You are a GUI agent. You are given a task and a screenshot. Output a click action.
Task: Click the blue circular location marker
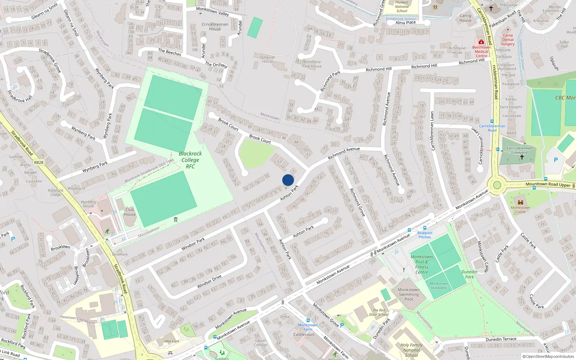click(x=288, y=180)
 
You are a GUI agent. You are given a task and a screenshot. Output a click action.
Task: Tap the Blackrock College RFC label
click(x=190, y=160)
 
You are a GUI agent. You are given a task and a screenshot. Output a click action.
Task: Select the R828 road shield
click(x=39, y=162)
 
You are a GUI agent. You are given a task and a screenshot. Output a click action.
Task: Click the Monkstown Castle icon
click(x=520, y=202)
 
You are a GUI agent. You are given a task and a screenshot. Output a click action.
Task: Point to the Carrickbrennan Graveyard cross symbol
click(x=522, y=157)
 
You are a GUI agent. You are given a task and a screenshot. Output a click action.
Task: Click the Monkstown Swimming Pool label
click(x=409, y=294)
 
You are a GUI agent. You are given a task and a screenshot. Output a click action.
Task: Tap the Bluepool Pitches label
click(x=425, y=235)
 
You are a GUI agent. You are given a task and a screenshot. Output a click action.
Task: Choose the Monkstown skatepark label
click(x=438, y=285)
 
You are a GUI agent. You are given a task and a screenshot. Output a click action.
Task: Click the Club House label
click(x=130, y=212)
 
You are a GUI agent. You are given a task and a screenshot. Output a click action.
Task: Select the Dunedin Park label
click(x=469, y=274)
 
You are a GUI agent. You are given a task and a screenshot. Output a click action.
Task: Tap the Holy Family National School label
click(x=411, y=350)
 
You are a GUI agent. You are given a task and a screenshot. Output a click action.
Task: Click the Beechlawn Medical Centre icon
click(x=481, y=42)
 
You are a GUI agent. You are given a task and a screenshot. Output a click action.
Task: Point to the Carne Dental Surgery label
click(x=508, y=40)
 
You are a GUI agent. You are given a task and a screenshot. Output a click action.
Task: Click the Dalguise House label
click(x=267, y=59)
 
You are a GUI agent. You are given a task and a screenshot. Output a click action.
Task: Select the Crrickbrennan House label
click(x=215, y=27)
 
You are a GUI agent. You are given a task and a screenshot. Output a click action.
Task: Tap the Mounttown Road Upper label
click(x=548, y=184)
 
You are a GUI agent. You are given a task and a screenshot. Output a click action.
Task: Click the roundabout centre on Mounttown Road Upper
click(x=497, y=185)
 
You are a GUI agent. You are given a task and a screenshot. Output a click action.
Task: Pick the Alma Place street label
click(x=405, y=22)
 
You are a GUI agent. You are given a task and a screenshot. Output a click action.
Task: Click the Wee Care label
click(x=172, y=341)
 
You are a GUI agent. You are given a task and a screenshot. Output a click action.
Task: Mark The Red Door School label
click(x=379, y=312)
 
